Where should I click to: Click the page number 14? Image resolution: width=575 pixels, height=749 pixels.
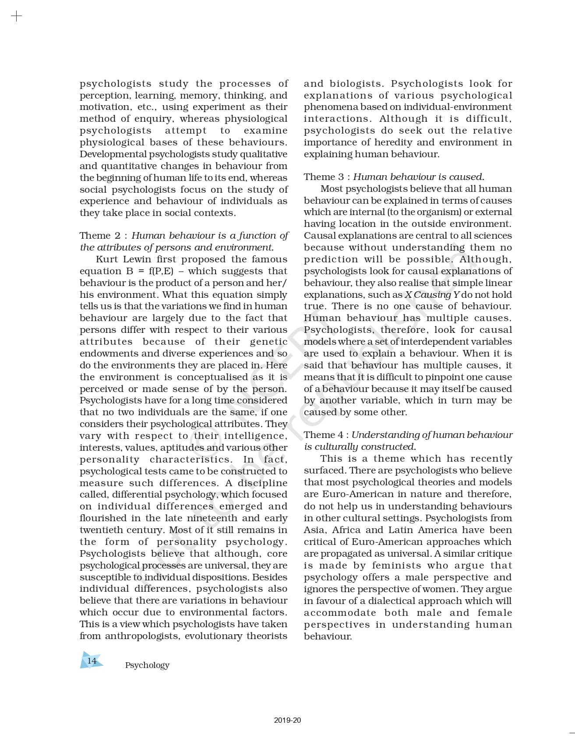pos(92,661)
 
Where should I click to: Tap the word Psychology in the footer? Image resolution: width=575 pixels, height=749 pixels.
pos(147,665)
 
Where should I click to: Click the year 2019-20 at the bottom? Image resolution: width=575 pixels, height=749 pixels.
pos(288,720)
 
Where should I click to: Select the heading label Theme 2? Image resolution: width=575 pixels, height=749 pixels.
pos(99,236)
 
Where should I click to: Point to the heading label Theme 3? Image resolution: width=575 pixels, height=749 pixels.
pos(324,177)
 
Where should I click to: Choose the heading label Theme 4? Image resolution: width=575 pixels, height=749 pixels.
pos(324,435)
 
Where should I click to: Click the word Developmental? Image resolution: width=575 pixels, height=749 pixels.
pos(113,154)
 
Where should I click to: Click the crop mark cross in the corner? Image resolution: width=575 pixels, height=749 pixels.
pos(16,17)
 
